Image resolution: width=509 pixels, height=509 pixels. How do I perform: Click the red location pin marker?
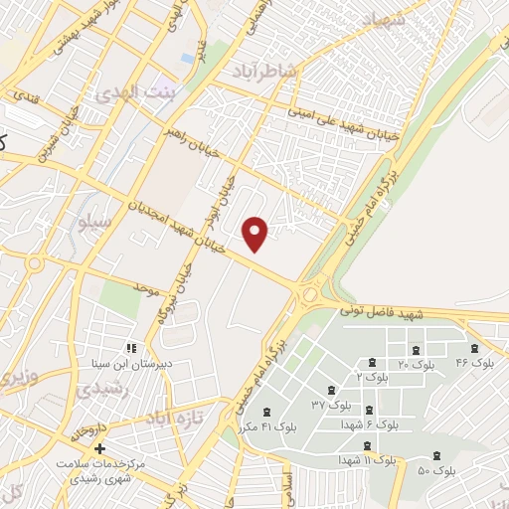point(256,233)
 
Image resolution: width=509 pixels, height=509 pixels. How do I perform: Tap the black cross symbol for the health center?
point(97,449)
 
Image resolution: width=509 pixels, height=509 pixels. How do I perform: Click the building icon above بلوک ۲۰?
point(416,350)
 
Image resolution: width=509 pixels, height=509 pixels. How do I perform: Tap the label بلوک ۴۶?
point(474,364)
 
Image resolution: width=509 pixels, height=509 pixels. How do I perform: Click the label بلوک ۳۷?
point(331,405)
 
